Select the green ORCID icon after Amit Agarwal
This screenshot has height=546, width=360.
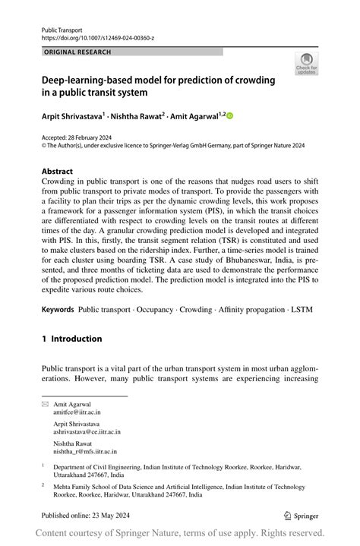coord(229,116)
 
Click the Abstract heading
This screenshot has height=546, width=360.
coord(58,171)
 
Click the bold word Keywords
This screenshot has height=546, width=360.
coord(58,310)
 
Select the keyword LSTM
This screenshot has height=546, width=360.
coord(300,310)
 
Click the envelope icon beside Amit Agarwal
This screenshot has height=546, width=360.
coord(45,405)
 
